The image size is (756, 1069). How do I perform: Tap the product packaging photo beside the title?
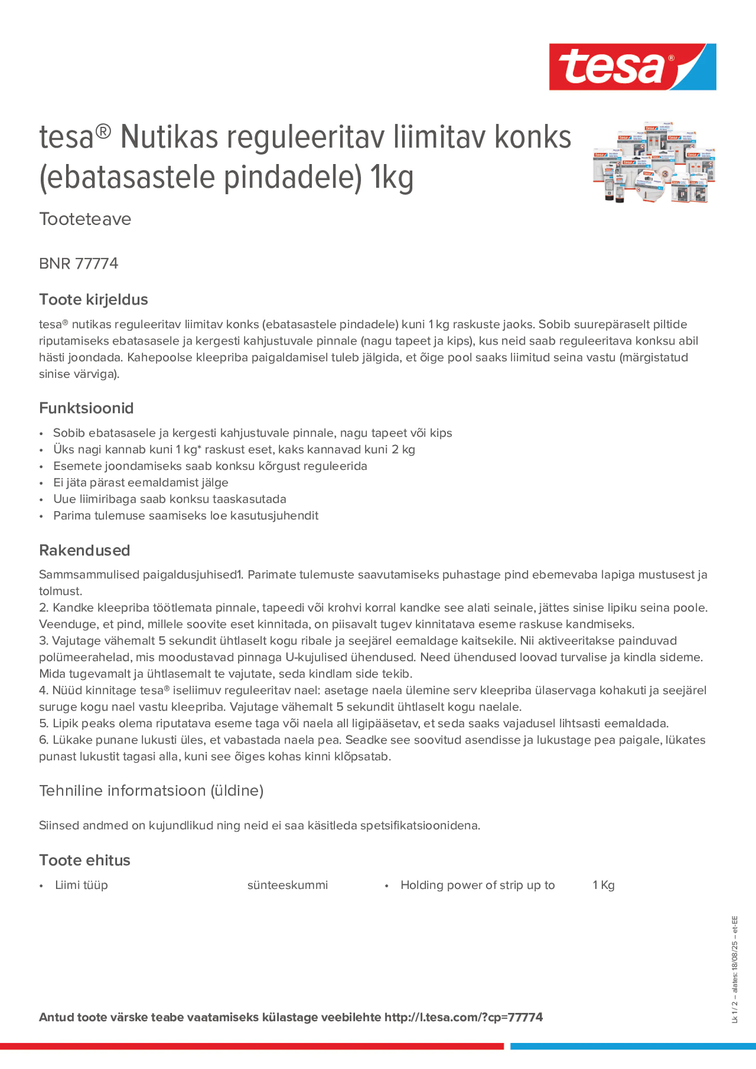click(x=653, y=162)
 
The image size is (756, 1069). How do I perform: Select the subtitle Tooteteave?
click(x=85, y=219)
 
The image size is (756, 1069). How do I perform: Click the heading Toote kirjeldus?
click(x=93, y=299)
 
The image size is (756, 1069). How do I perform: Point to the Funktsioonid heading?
click(x=86, y=408)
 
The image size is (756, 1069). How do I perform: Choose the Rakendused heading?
click(x=85, y=550)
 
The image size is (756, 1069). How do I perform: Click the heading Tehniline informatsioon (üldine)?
click(x=151, y=790)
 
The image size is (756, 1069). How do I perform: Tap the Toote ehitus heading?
click(x=85, y=860)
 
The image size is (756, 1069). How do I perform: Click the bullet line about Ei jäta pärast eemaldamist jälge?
click(x=140, y=482)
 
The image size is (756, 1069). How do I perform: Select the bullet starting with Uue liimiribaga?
click(x=169, y=499)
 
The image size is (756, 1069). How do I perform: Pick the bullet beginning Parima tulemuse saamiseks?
click(x=185, y=515)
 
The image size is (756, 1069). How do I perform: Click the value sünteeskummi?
click(x=287, y=885)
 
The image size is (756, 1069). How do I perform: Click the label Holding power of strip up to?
click(x=477, y=885)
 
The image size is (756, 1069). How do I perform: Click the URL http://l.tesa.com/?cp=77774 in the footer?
click(x=463, y=1017)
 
